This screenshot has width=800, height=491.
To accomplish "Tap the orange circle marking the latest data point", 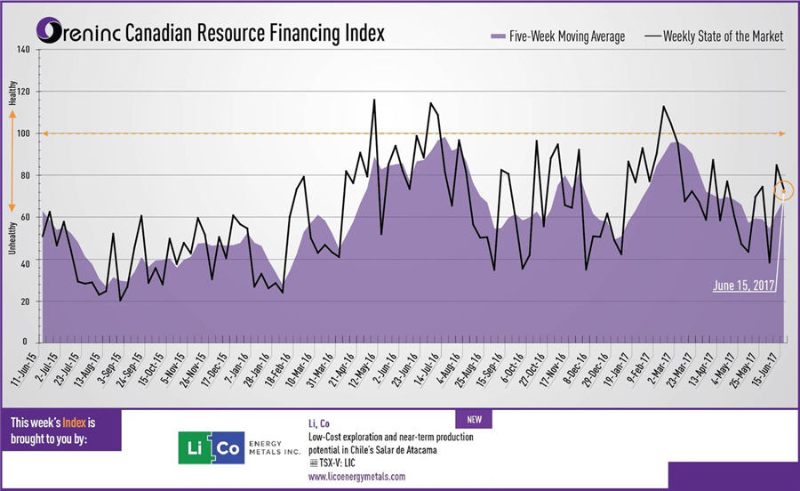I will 783,189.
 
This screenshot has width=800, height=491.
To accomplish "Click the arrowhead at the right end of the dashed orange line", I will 780,133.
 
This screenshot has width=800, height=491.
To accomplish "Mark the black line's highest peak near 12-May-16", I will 373,100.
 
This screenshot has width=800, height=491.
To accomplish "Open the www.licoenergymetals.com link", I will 356,477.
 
